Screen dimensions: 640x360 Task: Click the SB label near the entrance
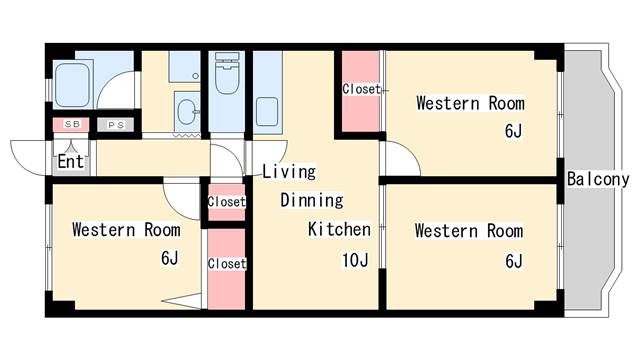pyautogui.click(x=72, y=124)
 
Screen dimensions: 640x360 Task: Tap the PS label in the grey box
pyautogui.click(x=116, y=125)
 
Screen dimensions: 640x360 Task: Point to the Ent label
pyautogui.click(x=71, y=162)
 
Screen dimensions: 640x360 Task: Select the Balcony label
pyautogui.click(x=598, y=179)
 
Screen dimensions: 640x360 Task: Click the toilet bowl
pyautogui.click(x=227, y=79)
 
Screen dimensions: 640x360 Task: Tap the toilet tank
pyautogui.click(x=227, y=57)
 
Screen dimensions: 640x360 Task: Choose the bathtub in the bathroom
pyautogui.click(x=72, y=85)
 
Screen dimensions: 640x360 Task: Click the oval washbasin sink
pyautogui.click(x=187, y=112)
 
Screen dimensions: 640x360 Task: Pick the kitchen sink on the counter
pyautogui.click(x=267, y=111)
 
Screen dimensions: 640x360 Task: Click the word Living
pyautogui.click(x=289, y=171)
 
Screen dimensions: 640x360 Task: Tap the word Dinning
pyautogui.click(x=312, y=200)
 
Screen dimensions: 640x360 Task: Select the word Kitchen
pyautogui.click(x=339, y=229)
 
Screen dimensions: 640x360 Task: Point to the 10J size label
pyautogui.click(x=355, y=260)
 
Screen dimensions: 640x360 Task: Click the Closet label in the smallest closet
pyautogui.click(x=227, y=202)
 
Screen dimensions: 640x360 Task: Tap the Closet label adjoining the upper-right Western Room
pyautogui.click(x=361, y=89)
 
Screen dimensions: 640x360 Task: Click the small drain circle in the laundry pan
pyautogui.click(x=196, y=76)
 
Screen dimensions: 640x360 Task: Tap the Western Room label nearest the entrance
pyautogui.click(x=126, y=230)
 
